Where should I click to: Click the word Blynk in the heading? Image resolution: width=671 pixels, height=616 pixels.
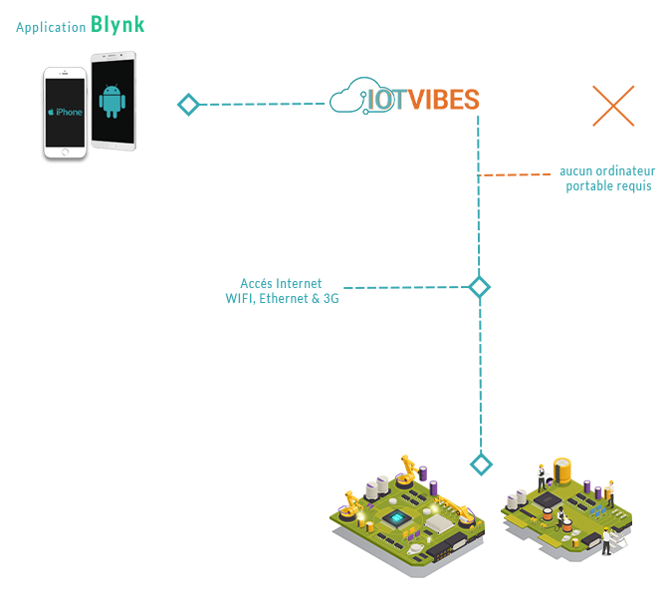tap(117, 25)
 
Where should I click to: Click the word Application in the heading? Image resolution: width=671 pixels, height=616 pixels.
tap(51, 27)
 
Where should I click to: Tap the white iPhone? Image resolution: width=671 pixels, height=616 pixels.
tap(65, 114)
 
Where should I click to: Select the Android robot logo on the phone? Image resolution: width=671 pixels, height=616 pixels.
tap(112, 101)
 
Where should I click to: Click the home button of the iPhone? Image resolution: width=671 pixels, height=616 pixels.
tap(66, 153)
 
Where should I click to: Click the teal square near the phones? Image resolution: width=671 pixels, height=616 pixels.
tap(188, 104)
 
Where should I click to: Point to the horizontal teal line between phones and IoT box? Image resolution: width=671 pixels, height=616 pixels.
tap(265, 104)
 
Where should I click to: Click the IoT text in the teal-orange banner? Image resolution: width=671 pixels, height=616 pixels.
tap(379, 97)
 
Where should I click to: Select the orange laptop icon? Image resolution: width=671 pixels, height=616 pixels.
tap(613, 105)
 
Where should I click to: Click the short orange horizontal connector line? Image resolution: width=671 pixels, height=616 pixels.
tap(515, 174)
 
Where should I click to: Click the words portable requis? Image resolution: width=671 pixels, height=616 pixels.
tap(608, 186)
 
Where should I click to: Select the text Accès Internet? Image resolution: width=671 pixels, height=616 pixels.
tap(281, 284)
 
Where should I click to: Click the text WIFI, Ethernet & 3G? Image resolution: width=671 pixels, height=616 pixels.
tap(282, 298)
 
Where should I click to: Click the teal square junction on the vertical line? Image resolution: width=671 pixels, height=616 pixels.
tap(480, 287)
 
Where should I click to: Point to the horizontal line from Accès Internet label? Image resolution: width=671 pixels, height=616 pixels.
tap(403, 287)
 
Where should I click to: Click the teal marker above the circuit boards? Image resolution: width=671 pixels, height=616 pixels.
tap(482, 463)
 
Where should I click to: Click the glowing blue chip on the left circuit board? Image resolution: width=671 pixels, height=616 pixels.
tap(396, 518)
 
